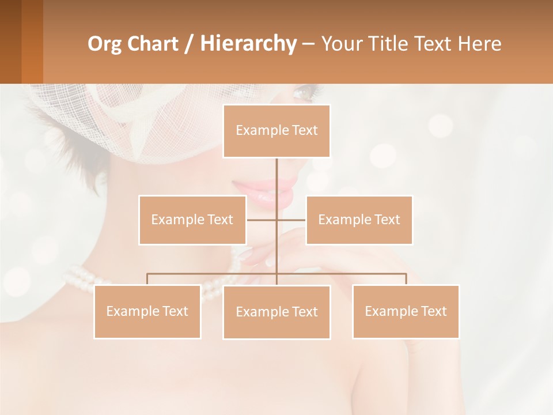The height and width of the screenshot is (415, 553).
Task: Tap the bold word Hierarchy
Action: tap(248, 44)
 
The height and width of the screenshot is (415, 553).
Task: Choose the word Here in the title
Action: tap(480, 44)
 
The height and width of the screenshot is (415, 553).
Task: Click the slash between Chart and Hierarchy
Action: tap(188, 44)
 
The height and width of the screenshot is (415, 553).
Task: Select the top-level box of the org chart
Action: tap(276, 131)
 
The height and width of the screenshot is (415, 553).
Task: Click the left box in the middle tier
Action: tap(192, 220)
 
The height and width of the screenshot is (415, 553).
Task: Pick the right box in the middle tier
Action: tap(359, 220)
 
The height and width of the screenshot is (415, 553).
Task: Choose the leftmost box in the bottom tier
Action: tap(147, 311)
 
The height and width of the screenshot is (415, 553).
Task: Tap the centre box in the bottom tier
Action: tap(276, 312)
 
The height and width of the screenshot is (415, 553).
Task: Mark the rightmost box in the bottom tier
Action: tap(406, 311)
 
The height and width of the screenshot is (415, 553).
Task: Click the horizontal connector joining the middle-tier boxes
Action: tap(262, 220)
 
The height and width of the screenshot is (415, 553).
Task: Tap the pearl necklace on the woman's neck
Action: tap(81, 279)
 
